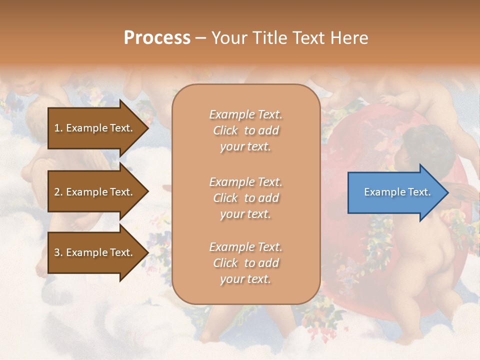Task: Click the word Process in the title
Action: (x=157, y=38)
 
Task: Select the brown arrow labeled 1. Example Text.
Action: (x=95, y=128)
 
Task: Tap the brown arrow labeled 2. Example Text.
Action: (x=95, y=192)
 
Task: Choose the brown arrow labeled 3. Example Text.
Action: (x=95, y=252)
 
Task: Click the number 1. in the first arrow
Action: (x=58, y=128)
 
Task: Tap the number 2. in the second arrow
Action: (x=58, y=192)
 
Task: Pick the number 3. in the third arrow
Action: (x=58, y=252)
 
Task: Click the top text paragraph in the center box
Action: (x=245, y=130)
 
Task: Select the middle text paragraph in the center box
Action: (x=245, y=198)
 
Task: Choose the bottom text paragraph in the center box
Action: (x=245, y=263)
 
